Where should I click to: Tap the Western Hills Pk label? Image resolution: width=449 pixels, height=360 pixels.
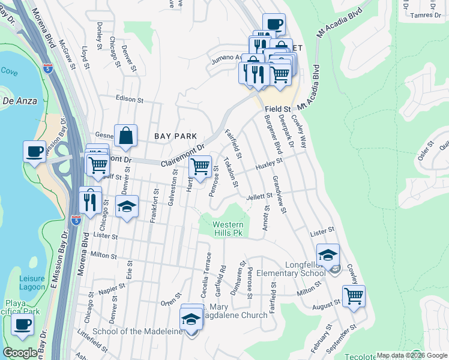tap(229, 229)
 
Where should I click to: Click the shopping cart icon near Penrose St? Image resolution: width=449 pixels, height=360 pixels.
tap(200, 167)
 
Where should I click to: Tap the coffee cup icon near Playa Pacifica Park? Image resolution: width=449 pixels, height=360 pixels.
tap(23, 325)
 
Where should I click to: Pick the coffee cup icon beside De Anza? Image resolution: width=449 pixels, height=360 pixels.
tap(35, 151)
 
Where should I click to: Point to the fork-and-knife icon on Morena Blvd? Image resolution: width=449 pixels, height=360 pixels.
tap(90, 200)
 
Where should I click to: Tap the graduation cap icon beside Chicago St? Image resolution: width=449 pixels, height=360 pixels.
tap(127, 208)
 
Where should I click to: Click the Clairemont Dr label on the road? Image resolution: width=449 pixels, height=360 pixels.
tap(183, 155)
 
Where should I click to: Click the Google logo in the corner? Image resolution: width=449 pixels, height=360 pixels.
tap(20, 353)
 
